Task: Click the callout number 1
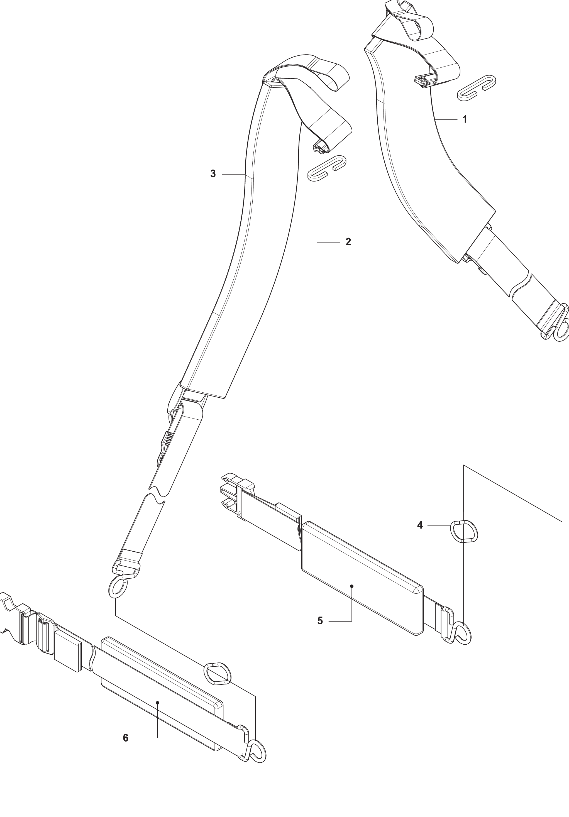464,119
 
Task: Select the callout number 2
348,242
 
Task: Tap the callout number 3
213,174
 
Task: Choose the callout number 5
320,621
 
